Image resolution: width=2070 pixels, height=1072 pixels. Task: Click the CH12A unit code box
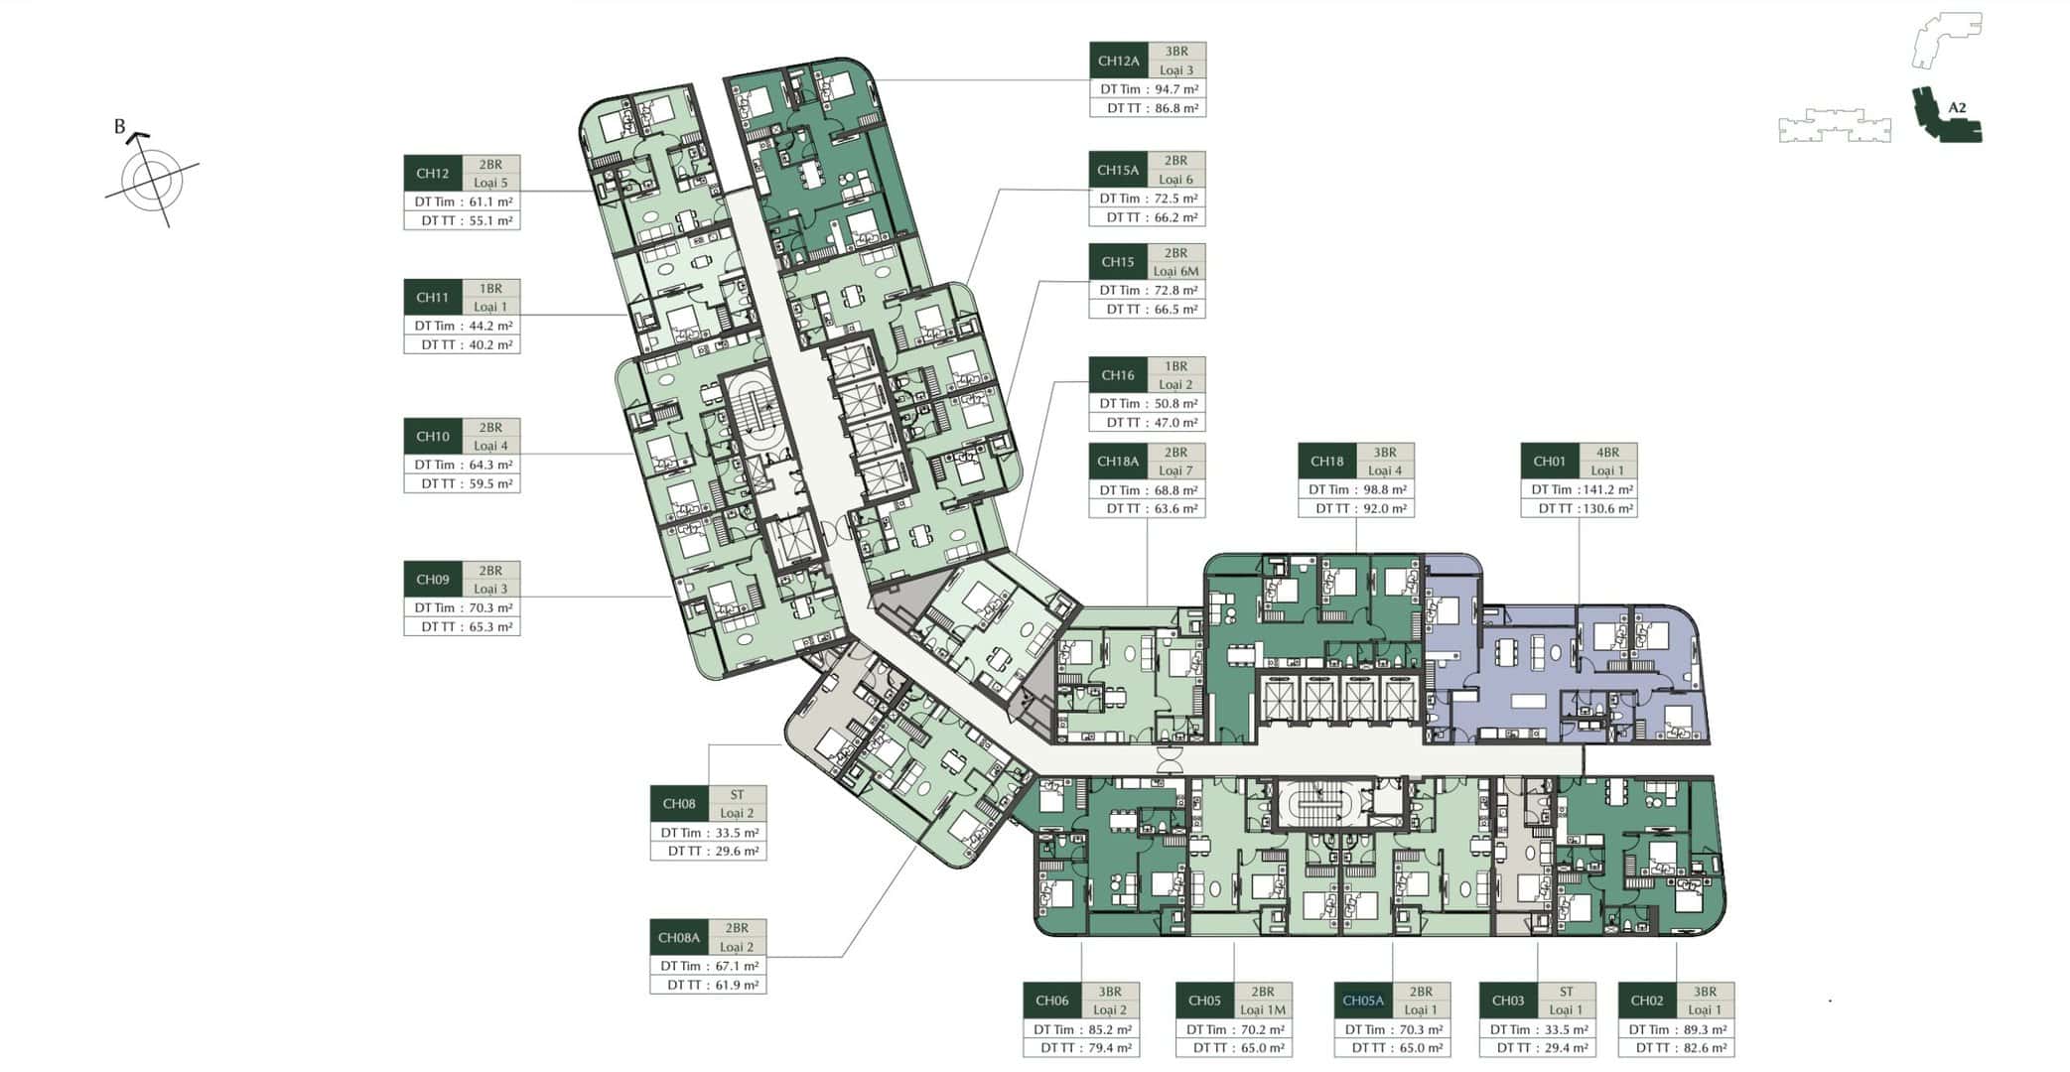pos(1118,61)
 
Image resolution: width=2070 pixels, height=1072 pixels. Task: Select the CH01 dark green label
pos(1549,462)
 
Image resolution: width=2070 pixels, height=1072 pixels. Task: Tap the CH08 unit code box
pos(679,804)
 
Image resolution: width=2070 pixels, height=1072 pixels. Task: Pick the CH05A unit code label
pos(1363,1001)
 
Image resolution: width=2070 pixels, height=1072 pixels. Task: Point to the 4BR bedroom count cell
pos(1607,452)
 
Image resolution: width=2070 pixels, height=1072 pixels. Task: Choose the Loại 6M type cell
pos(1175,271)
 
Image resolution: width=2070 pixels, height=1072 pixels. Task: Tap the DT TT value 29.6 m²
pos(737,851)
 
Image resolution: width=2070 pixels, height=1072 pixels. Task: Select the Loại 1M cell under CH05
pos(1263,1009)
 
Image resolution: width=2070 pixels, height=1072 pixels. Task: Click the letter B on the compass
pos(119,127)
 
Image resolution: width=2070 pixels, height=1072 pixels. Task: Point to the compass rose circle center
pos(152,181)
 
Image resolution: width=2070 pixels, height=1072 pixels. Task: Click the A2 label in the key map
pos(1957,107)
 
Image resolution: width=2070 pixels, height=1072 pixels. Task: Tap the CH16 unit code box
pos(1118,375)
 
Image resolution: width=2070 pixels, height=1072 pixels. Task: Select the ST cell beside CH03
pos(1566,992)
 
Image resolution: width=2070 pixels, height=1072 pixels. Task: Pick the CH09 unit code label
pos(433,580)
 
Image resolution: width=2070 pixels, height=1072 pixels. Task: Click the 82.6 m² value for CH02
pos(1705,1047)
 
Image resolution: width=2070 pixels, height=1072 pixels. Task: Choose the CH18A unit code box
pos(1118,462)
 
